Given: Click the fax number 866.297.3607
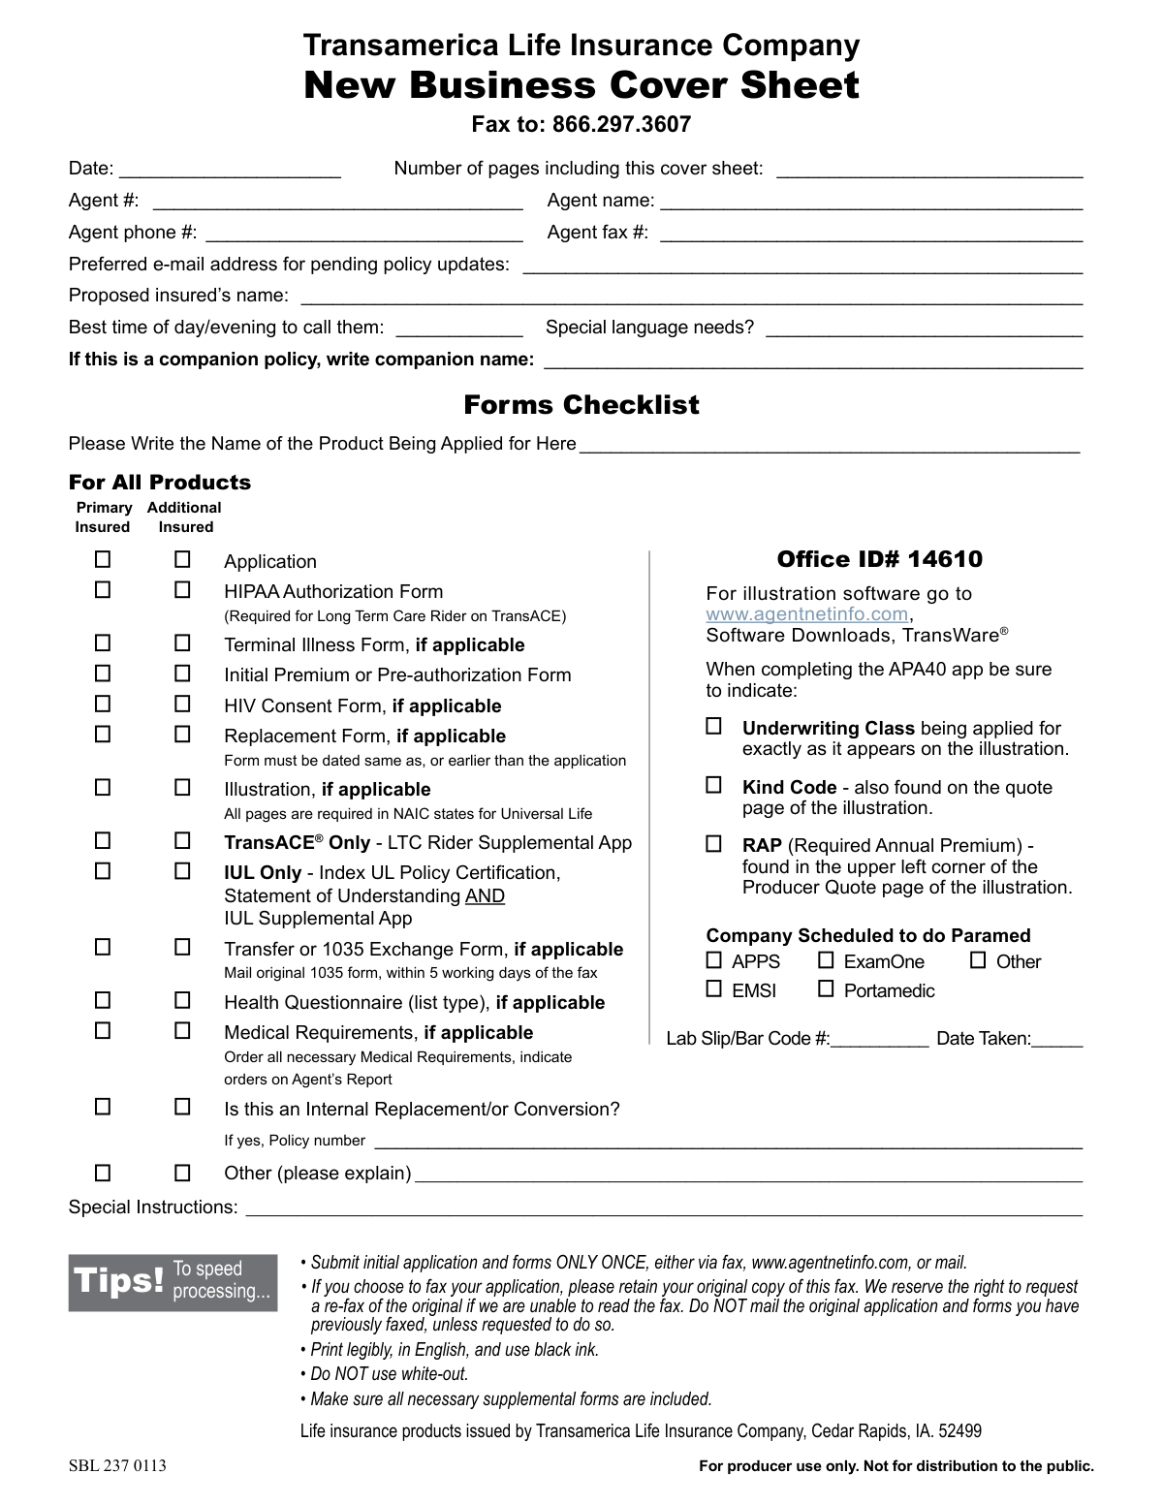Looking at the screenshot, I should (621, 124).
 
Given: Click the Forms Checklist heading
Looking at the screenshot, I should (581, 404).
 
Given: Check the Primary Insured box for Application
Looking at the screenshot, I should (103, 559).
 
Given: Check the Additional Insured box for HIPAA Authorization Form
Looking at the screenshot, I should (182, 589).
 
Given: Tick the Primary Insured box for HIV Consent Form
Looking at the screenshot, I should (103, 704).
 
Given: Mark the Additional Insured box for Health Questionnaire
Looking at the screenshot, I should (182, 1000).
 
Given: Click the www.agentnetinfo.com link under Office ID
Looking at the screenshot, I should (807, 614).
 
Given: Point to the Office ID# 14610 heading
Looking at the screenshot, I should (879, 559).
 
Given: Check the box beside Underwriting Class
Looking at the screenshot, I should (714, 726).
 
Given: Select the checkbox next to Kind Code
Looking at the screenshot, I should (714, 785).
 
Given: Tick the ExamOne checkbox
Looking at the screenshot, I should (826, 960).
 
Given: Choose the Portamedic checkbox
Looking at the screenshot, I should (826, 989).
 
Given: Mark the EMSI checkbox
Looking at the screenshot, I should (714, 989).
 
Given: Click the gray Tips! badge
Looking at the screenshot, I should (173, 1282).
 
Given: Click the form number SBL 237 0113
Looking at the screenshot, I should (117, 1465).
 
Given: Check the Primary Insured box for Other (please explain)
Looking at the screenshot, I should (103, 1173).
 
